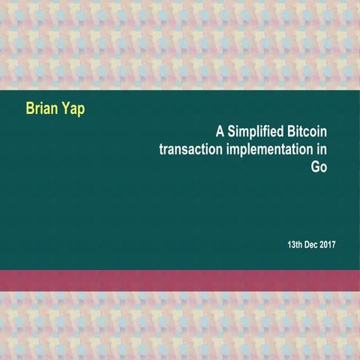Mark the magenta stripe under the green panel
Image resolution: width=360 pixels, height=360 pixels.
(x=180, y=280)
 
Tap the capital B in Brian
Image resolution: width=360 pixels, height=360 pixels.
(x=31, y=110)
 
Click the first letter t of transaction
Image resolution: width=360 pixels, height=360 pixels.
(x=161, y=148)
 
